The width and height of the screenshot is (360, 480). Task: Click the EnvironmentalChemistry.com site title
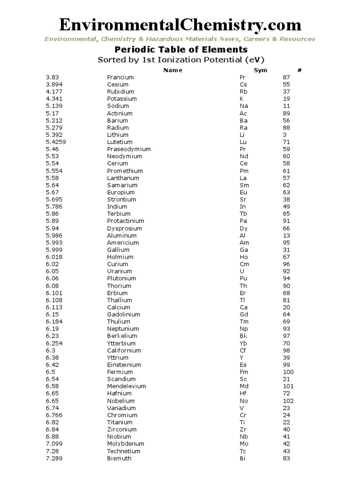(x=180, y=24)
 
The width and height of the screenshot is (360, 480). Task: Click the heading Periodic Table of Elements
(x=181, y=50)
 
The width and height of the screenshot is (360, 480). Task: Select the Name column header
(x=172, y=70)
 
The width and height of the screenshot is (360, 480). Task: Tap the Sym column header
(x=260, y=70)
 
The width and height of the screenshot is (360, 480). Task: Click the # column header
(x=299, y=70)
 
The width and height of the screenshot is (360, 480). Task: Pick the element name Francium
(x=120, y=77)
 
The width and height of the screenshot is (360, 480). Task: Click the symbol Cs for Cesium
(x=243, y=84)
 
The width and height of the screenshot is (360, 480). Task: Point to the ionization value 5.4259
(x=56, y=142)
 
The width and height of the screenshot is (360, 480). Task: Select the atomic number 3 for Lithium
(x=285, y=135)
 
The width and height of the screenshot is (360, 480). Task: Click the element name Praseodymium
(x=129, y=149)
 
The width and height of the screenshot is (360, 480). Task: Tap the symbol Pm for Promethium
(x=244, y=171)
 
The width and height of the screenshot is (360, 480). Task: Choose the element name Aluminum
(x=121, y=235)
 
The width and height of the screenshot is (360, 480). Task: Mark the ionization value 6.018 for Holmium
(x=54, y=257)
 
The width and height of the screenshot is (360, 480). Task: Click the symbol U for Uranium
(x=241, y=271)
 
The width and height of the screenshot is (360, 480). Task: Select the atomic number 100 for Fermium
(x=288, y=372)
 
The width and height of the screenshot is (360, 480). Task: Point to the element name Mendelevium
(x=126, y=386)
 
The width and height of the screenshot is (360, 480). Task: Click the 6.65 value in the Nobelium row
(x=52, y=401)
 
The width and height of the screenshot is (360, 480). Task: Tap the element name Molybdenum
(x=125, y=443)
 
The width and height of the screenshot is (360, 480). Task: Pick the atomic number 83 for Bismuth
(x=286, y=458)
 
